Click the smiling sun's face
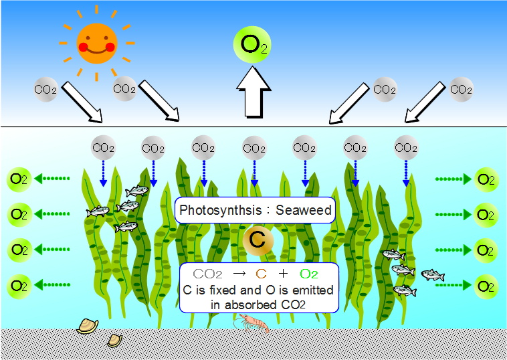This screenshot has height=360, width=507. [x=97, y=43]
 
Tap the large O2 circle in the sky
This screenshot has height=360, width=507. [x=252, y=45]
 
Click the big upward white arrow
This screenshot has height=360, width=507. [x=254, y=92]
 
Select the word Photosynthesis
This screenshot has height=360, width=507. [x=221, y=210]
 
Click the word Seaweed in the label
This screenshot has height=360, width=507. [x=304, y=210]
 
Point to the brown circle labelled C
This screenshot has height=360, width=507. [x=258, y=241]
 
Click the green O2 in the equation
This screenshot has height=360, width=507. [x=309, y=274]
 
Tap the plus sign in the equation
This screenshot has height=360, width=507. [x=283, y=274]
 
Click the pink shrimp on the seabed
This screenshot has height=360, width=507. [x=251, y=323]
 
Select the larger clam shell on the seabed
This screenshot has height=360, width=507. [x=88, y=326]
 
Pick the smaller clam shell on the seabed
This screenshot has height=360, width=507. [x=115, y=341]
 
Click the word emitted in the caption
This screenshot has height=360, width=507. [x=312, y=290]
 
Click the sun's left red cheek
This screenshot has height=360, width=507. [x=84, y=48]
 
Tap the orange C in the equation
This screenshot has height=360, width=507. [x=261, y=274]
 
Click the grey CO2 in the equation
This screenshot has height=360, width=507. [x=207, y=274]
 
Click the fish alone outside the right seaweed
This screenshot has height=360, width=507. [x=433, y=275]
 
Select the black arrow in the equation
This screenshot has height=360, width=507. [x=239, y=274]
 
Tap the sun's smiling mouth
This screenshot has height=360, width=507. [x=97, y=51]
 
